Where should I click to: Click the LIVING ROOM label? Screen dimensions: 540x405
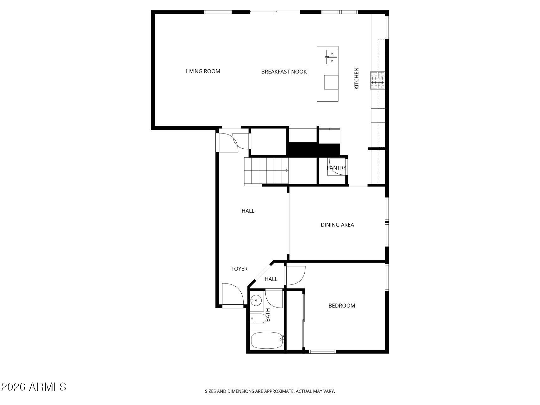tap(203, 71)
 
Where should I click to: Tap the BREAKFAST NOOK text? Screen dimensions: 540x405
tap(284, 72)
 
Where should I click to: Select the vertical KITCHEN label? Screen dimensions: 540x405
tap(357, 78)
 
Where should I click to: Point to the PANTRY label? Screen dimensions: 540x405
tap(336, 168)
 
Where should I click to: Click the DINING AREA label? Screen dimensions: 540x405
tap(337, 225)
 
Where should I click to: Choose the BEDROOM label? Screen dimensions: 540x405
tap(342, 305)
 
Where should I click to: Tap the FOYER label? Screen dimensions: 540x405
tap(239, 269)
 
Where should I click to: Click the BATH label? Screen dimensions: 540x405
tap(268, 315)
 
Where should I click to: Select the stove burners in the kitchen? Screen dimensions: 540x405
tap(377, 80)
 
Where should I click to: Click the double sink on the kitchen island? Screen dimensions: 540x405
tap(332, 57)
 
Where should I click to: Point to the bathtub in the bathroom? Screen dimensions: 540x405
tap(267, 340)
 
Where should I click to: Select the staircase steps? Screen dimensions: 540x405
tap(267, 171)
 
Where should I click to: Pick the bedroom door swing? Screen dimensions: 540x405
tap(295, 276)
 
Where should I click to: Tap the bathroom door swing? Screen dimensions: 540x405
tap(274, 299)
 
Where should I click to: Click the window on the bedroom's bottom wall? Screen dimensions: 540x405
tap(322, 351)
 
